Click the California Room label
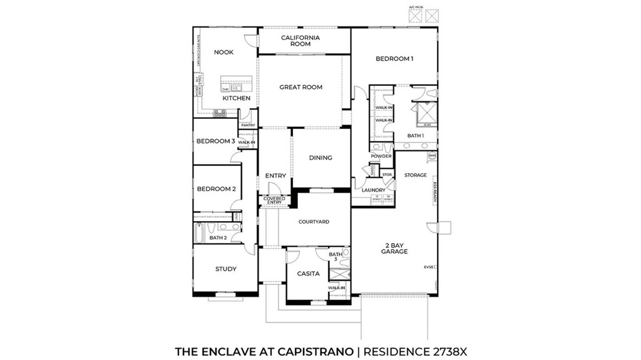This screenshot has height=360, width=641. (x=300, y=41)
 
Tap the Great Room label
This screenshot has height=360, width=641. (x=300, y=87)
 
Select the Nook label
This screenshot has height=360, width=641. (x=223, y=52)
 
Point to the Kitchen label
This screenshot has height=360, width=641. (x=236, y=98)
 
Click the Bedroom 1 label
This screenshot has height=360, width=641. (x=394, y=59)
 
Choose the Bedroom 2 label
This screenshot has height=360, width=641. (x=216, y=189)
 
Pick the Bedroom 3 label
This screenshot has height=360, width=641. (x=215, y=141)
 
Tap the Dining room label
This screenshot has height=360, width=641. (x=320, y=158)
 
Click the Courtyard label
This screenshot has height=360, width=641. (x=314, y=222)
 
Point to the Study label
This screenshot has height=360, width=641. (x=226, y=269)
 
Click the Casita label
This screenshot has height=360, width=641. (x=308, y=274)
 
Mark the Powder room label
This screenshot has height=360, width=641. (x=381, y=156)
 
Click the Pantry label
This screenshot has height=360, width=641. (x=247, y=125)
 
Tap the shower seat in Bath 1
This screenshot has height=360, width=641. (x=428, y=125)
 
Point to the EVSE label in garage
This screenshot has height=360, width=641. (x=429, y=267)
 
